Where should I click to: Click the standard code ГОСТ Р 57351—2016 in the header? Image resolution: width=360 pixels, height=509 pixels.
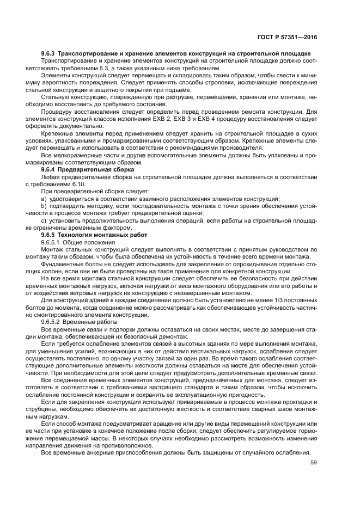pos(288,38)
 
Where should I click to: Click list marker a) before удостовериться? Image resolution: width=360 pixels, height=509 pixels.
pos(44,199)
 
